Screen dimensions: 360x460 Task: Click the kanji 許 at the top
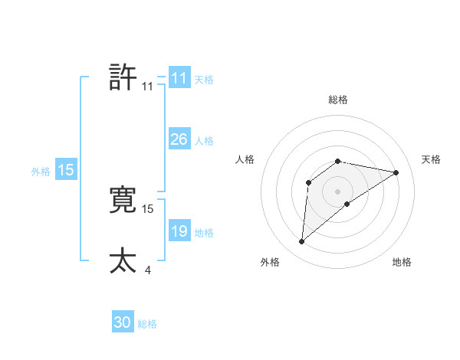(123, 78)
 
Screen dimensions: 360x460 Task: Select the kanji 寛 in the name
(123, 199)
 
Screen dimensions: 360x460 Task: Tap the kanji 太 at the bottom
(123, 261)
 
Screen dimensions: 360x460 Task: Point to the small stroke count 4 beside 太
(147, 270)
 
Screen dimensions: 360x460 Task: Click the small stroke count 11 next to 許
(147, 87)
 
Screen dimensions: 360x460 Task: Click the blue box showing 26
(179, 140)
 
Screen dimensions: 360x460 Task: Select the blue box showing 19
(179, 232)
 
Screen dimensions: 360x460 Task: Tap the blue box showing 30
(123, 323)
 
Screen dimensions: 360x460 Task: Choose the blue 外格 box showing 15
(66, 171)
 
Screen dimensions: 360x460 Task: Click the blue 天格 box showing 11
(179, 78)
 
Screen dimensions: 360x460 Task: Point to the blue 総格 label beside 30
(147, 325)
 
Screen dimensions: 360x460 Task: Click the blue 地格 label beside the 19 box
(204, 233)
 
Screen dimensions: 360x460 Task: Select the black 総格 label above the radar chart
(337, 100)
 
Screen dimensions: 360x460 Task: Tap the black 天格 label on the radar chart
(431, 159)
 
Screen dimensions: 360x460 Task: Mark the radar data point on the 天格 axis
(396, 172)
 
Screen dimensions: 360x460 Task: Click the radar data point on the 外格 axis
(302, 242)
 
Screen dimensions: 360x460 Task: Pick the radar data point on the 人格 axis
(309, 182)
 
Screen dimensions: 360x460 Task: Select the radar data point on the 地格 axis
(347, 204)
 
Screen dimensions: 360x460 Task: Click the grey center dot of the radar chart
(337, 191)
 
